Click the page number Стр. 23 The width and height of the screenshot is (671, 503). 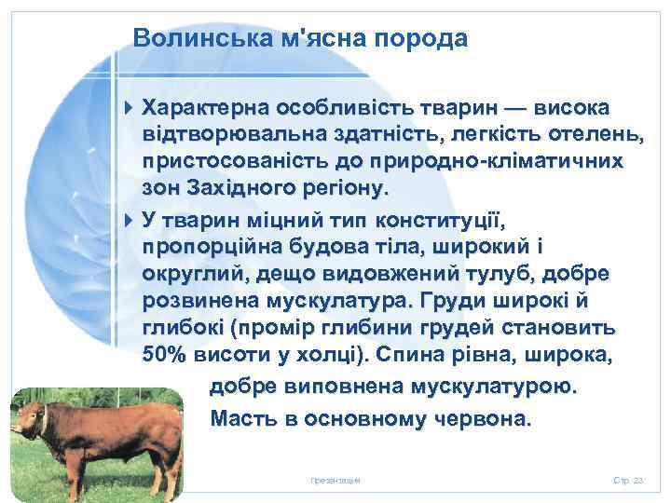coord(629,481)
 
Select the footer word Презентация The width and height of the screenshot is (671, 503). coord(335,481)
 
